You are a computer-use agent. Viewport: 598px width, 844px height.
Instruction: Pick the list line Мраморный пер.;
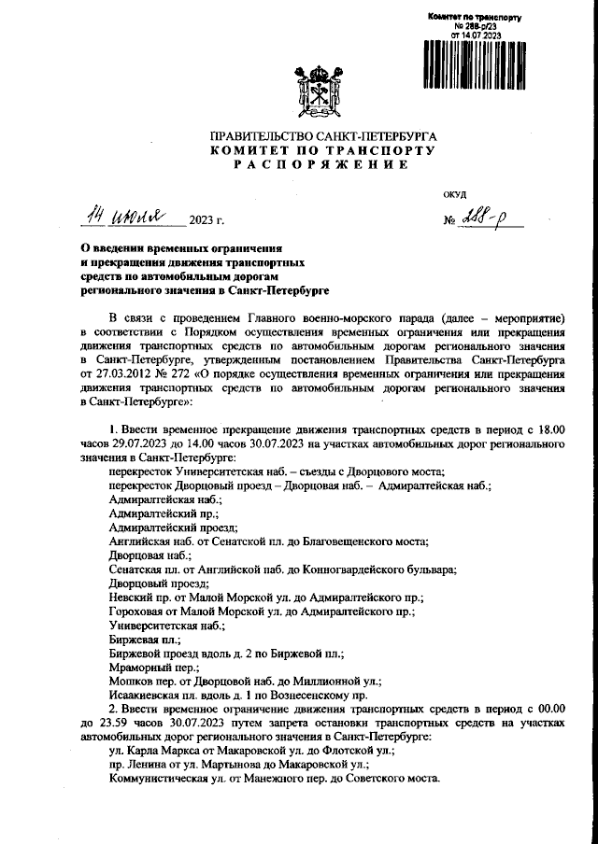(x=149, y=668)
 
